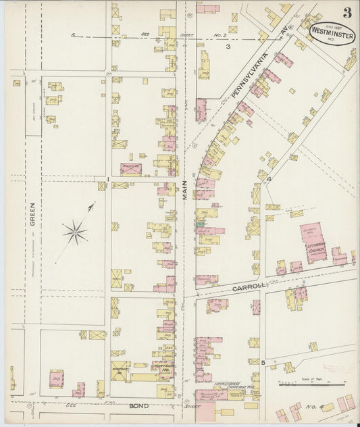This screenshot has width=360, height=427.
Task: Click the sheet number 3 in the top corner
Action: (346, 13)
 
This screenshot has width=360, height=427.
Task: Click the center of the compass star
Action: (75, 233)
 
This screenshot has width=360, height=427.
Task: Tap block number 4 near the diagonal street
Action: (268, 179)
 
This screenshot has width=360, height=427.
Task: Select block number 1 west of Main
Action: (107, 179)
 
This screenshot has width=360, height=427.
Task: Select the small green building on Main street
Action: (201, 224)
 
